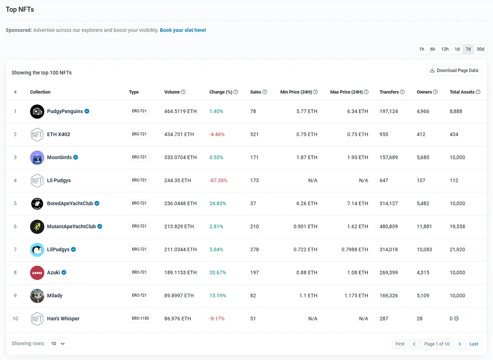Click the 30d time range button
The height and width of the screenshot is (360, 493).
pos(480,49)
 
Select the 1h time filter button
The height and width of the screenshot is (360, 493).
pos(421,49)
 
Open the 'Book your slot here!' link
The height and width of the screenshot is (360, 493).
pos(183,30)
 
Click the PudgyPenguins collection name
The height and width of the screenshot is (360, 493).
pos(65,111)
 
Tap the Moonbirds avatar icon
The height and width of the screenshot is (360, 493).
pos(37,158)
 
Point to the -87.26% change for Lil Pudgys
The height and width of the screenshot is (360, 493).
pos(218,180)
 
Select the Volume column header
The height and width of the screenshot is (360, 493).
pos(172,92)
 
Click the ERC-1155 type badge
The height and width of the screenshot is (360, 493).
pos(139,318)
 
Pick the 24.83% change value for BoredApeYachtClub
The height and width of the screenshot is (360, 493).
pos(218,203)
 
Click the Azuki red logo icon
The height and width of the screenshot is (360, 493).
pos(37,273)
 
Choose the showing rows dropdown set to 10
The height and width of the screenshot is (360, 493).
pos(58,344)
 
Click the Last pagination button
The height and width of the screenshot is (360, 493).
pos(474,344)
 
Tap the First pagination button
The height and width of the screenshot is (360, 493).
pos(400,344)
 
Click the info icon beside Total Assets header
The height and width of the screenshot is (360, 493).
pos(478,92)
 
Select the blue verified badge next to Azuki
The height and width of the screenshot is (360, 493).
pos(64,273)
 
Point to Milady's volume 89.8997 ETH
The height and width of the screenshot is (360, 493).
pos(180,296)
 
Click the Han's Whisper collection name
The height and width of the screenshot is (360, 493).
pos(63,318)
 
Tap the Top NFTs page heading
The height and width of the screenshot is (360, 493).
pos(20,9)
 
